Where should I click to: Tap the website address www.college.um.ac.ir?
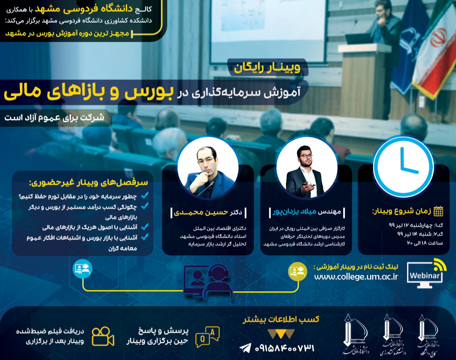[356, 277]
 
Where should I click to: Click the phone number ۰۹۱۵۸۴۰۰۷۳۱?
[284, 348]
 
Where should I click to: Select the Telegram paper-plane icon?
[245, 348]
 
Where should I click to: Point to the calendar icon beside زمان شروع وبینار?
[438, 211]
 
